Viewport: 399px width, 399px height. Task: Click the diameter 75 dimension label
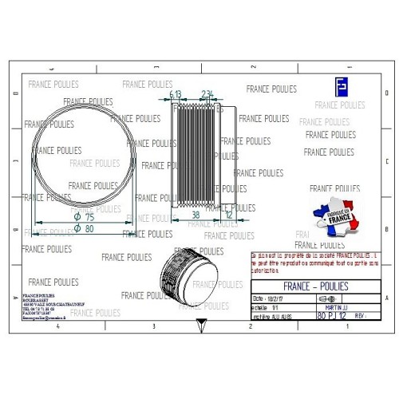[x=84, y=216]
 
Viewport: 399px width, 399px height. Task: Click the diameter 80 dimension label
[x=84, y=228]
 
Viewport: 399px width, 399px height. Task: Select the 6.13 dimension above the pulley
[x=176, y=93]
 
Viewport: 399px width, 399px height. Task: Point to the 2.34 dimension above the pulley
[x=207, y=93]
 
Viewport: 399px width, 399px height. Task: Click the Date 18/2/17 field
[x=271, y=297]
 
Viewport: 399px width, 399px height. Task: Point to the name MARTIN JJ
[x=335, y=306]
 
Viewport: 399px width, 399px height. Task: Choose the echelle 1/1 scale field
[x=267, y=306]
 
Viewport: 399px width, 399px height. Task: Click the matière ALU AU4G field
[x=271, y=316]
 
